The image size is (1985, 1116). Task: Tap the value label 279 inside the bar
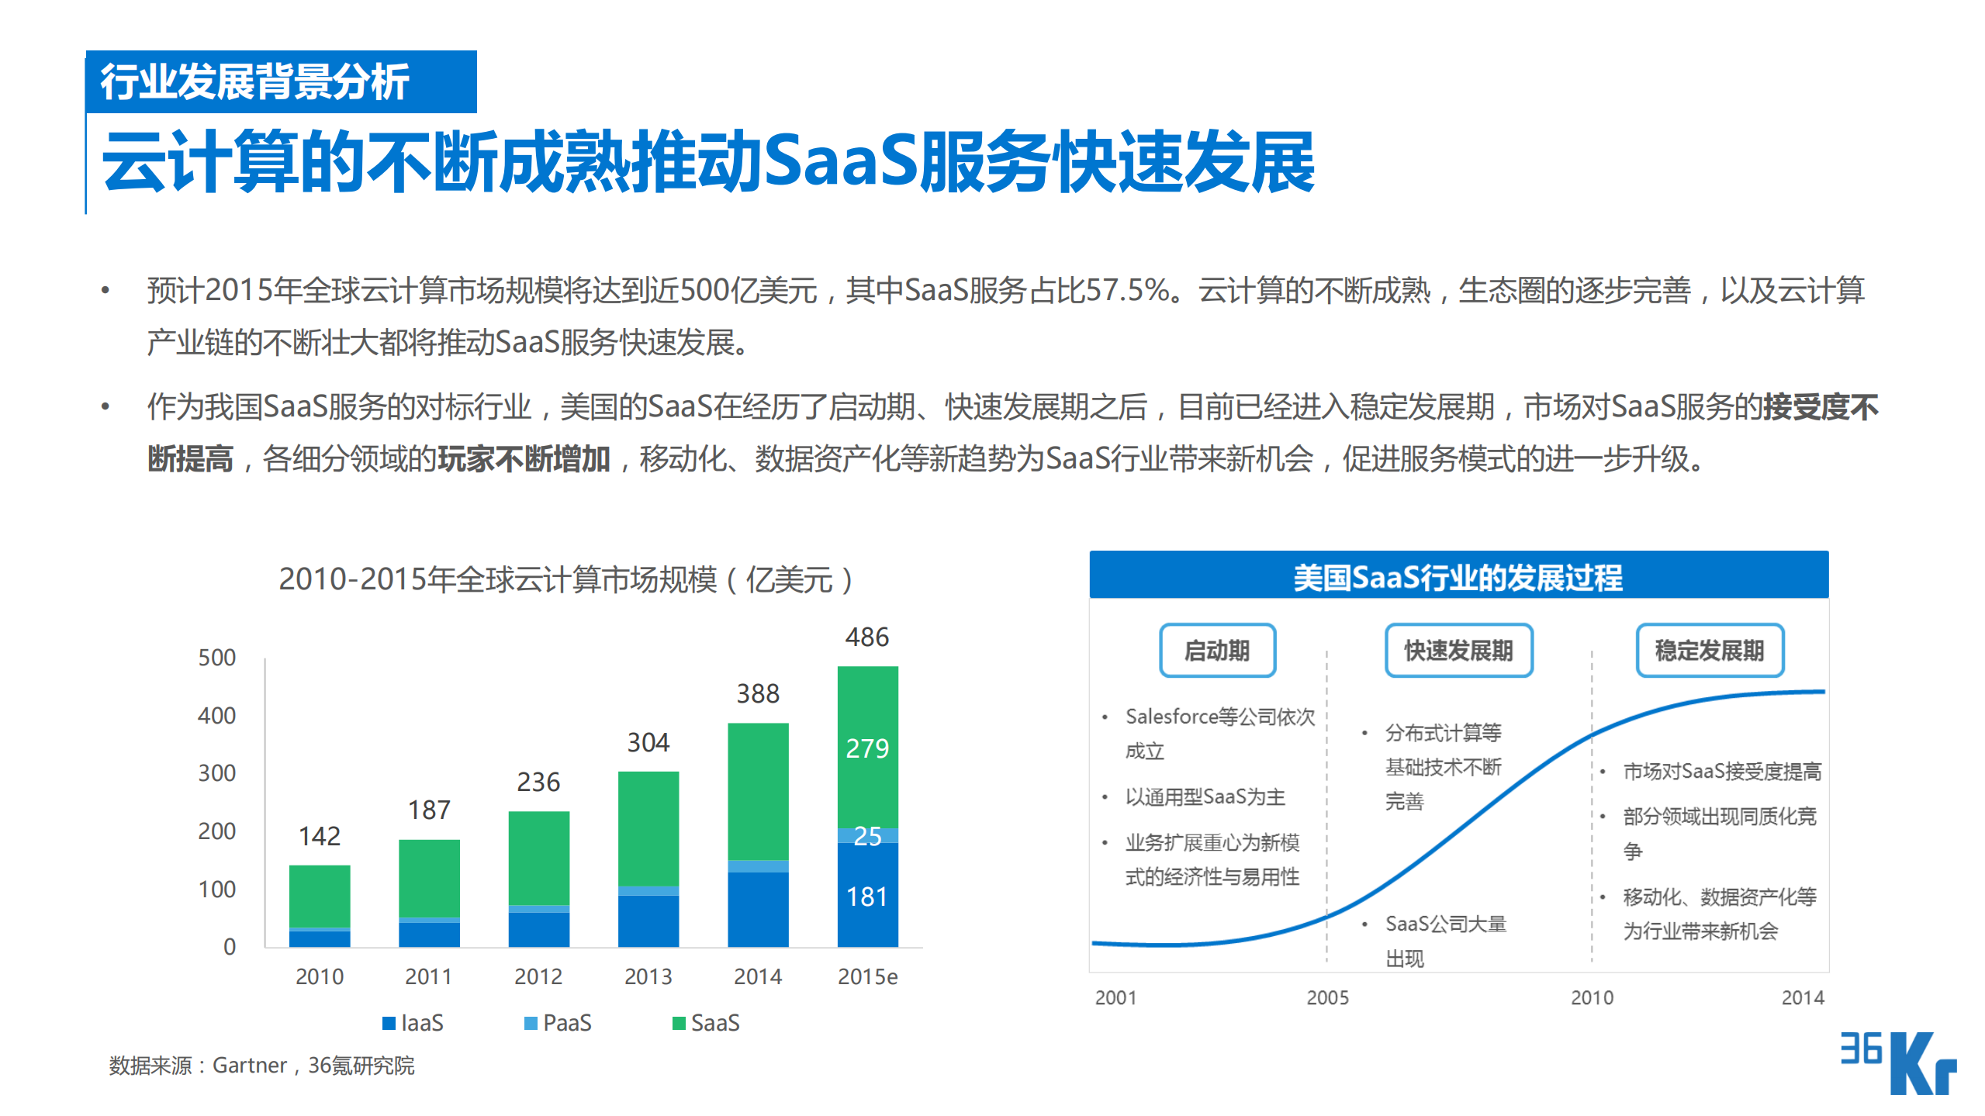click(x=867, y=748)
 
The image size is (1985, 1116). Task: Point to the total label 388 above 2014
click(x=758, y=693)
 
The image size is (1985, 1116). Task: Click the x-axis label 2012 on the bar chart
click(x=538, y=976)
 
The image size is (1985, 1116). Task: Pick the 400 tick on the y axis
click(x=216, y=715)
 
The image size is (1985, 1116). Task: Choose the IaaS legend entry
click(x=413, y=1023)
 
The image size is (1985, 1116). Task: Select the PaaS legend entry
click(x=558, y=1023)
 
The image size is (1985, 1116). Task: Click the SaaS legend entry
click(x=706, y=1023)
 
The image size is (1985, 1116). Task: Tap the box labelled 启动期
click(x=1217, y=650)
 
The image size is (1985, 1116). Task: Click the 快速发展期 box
click(x=1458, y=650)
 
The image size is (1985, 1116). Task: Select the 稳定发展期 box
click(x=1710, y=650)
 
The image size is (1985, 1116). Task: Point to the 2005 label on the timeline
click(x=1327, y=997)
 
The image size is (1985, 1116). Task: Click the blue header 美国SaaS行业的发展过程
click(x=1458, y=576)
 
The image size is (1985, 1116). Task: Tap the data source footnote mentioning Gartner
click(x=261, y=1066)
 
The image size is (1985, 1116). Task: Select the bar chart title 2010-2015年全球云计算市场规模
click(x=566, y=579)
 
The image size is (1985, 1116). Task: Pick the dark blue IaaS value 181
click(x=867, y=897)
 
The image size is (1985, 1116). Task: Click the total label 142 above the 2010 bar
click(x=320, y=836)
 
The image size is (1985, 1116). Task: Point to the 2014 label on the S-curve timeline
click(x=1802, y=997)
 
